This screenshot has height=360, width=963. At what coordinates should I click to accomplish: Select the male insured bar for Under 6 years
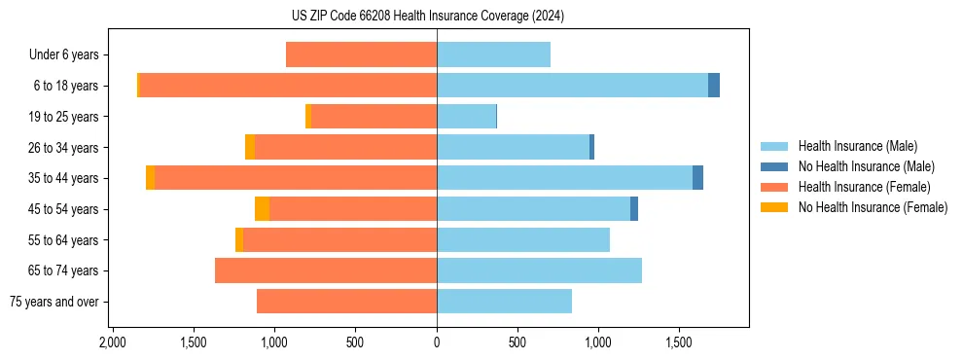click(x=493, y=54)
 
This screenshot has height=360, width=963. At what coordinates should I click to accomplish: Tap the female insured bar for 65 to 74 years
click(x=326, y=270)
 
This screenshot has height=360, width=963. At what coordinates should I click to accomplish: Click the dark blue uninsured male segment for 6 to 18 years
click(x=714, y=86)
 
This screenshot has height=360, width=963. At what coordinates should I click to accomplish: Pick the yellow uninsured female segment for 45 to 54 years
click(x=263, y=208)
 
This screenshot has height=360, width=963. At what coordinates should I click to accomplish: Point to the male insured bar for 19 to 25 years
click(x=466, y=117)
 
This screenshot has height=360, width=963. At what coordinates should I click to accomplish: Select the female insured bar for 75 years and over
click(x=346, y=302)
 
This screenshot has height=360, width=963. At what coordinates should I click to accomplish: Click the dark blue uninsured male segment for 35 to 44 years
click(x=697, y=177)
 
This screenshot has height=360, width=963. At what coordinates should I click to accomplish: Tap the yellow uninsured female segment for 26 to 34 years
click(x=250, y=147)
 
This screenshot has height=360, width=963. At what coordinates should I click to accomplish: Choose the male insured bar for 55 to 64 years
click(x=523, y=239)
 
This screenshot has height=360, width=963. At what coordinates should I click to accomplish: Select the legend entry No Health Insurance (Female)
click(x=873, y=207)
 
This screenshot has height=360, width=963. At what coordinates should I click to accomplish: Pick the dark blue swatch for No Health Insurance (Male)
click(x=775, y=167)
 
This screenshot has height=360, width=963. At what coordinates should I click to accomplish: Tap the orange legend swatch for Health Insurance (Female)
click(x=775, y=187)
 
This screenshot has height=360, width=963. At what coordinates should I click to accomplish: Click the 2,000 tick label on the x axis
click(x=112, y=342)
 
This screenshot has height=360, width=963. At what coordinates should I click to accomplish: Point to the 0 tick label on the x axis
click(x=437, y=342)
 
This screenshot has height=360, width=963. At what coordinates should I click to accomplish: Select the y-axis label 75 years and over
click(x=54, y=302)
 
